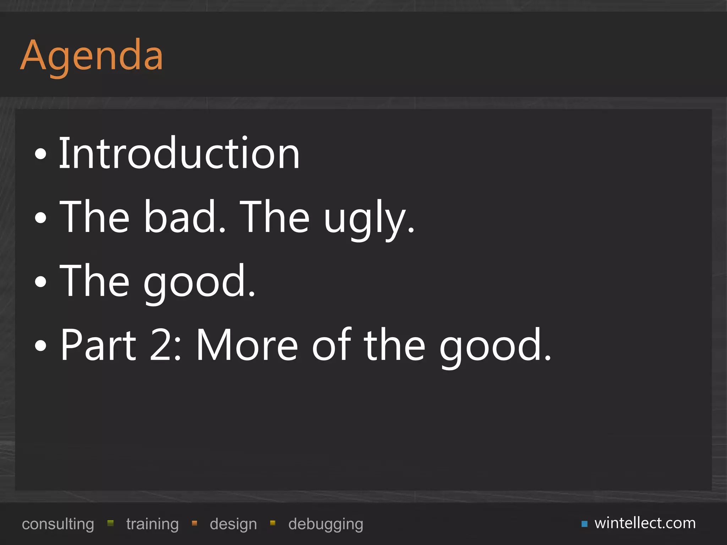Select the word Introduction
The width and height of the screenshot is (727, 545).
(x=179, y=153)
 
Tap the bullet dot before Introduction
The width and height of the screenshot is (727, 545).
(x=41, y=154)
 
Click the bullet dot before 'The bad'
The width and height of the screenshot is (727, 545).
(x=41, y=218)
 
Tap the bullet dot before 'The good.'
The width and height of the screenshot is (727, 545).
(x=41, y=282)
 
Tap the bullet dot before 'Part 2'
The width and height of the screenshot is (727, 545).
(x=41, y=346)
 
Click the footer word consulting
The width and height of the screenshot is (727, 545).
(x=58, y=524)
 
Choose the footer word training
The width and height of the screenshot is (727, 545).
(x=152, y=524)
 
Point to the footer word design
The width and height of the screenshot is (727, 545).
(x=233, y=524)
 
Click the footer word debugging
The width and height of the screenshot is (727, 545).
(x=326, y=524)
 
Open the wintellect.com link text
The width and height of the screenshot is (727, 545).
(x=645, y=523)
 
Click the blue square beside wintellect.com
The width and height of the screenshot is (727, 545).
(x=584, y=524)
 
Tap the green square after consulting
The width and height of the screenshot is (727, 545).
(x=110, y=523)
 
